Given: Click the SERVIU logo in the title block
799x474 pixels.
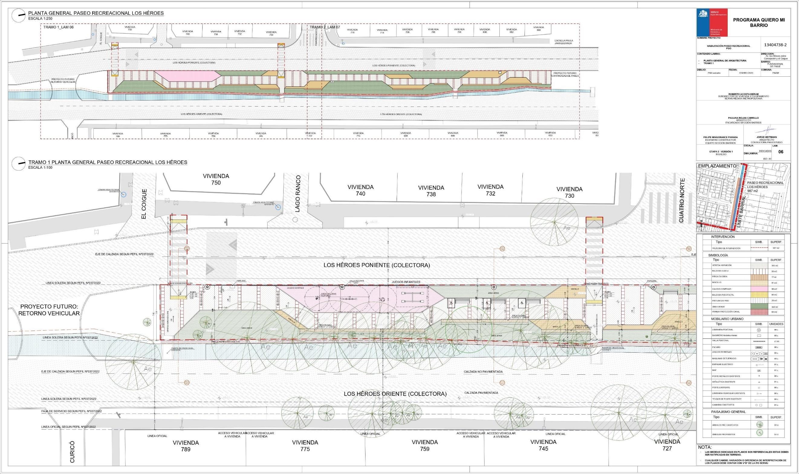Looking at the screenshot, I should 712,23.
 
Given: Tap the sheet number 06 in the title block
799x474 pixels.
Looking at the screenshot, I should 781,152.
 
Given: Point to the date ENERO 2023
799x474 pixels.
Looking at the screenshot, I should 744,73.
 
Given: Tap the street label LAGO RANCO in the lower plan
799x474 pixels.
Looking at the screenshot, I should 298,194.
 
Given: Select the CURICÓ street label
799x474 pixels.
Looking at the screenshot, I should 72,452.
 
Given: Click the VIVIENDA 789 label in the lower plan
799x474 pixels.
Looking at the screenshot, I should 186,446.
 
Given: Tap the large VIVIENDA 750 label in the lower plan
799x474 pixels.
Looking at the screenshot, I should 216,179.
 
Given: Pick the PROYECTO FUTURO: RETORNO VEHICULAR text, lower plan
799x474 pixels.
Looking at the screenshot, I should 49,310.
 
